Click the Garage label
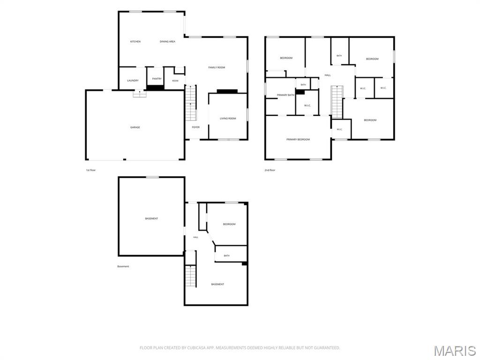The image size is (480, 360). click(135, 127)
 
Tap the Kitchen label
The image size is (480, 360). click(135, 42)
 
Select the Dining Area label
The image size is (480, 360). click(167, 42)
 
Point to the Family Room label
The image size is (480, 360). click(217, 67)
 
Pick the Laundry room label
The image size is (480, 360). click(133, 81)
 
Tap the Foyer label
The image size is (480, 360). click(195, 127)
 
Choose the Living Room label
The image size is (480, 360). click(228, 119)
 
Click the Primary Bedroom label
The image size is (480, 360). click(298, 140)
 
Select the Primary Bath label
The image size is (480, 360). click(285, 95)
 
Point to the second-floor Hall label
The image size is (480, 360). click(328, 75)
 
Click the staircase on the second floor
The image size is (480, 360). click(337, 102)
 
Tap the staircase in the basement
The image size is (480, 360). click(190, 276)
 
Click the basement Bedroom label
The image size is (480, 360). click(229, 225)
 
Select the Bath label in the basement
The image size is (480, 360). click(226, 256)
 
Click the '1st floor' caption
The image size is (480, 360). click(90, 170)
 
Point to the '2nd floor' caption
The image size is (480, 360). click(270, 170)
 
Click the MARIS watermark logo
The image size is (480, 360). click(455, 351)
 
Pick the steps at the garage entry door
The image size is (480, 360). click(140, 94)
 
